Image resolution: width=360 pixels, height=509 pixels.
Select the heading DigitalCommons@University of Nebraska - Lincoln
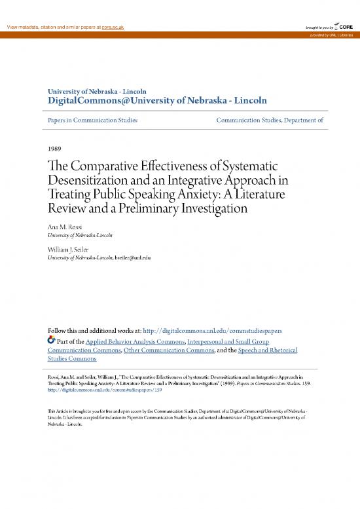(157, 101)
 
